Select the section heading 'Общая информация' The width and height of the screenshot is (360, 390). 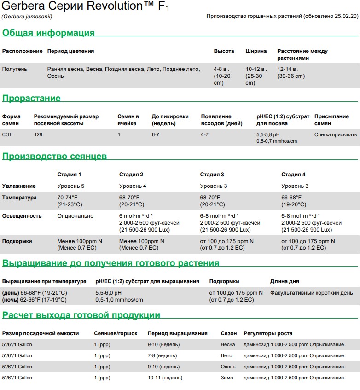[x=48, y=33]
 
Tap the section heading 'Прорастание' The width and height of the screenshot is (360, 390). [x=31, y=98]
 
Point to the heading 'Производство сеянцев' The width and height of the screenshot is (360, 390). [x=54, y=157]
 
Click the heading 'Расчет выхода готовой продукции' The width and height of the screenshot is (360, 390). [x=81, y=315]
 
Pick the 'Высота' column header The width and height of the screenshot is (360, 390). [x=224, y=51]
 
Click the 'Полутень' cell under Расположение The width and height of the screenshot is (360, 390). [x=15, y=69]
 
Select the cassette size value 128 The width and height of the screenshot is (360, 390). [x=38, y=134]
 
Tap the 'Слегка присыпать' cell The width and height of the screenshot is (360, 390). [x=336, y=134]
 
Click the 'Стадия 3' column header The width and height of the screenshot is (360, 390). [x=212, y=175]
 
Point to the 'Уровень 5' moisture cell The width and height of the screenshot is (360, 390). [x=70, y=186]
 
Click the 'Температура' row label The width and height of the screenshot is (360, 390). [x=19, y=198]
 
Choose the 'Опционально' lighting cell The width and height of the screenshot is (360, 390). [x=75, y=216]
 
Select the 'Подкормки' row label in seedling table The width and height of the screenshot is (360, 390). [x=17, y=241]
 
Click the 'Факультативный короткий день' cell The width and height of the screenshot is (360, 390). [x=312, y=293]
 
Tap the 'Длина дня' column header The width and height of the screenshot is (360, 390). [x=285, y=281]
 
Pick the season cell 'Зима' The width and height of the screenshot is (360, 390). [x=227, y=378]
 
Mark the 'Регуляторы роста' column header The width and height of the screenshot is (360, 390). [x=268, y=333]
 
